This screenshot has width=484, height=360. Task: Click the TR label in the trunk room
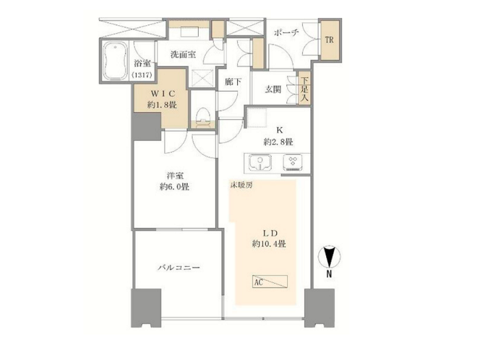point(329,40)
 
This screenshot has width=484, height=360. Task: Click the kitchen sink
point(260,162)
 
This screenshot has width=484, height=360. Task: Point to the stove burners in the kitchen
point(292,162)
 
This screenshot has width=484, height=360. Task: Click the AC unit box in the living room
point(270,281)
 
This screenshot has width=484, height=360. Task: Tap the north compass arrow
point(330,257)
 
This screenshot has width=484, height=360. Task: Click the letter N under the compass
point(329,274)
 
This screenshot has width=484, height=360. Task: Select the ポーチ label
point(286,32)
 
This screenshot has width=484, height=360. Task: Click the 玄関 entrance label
point(273,89)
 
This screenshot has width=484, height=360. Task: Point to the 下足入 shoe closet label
point(304,89)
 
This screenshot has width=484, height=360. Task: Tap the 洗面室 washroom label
point(183,55)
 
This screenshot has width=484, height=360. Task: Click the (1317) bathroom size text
point(142,75)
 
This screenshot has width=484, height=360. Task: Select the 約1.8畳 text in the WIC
point(162,105)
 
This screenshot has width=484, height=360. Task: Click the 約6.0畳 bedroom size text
point(174,187)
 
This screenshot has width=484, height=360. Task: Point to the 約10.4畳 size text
point(269,244)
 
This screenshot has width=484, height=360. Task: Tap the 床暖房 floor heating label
point(242,185)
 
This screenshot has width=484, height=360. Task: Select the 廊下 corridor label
point(233,82)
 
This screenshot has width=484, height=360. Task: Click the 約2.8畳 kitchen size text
point(279,142)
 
